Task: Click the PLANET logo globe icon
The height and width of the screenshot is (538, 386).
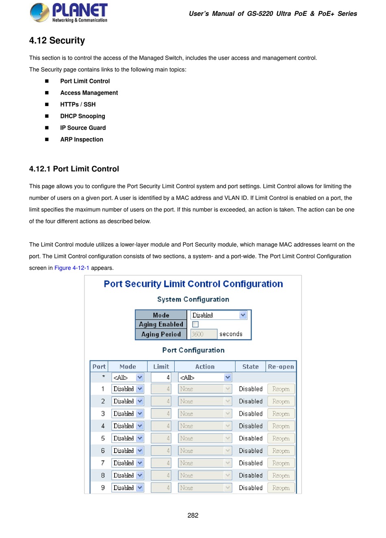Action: (39, 12)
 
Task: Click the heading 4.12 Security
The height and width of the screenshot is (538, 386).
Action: (57, 41)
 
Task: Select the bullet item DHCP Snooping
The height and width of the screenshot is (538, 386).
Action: (82, 116)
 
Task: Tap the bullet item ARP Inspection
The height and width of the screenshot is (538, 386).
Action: (82, 139)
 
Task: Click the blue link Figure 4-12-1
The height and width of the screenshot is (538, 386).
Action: (72, 268)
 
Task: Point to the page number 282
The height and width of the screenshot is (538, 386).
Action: (193, 515)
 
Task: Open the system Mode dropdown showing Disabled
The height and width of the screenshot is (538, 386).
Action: (219, 315)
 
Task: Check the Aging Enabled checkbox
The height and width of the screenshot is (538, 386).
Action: (195, 324)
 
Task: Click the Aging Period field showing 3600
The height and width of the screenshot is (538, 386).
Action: (204, 334)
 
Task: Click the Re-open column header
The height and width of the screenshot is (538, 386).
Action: (281, 367)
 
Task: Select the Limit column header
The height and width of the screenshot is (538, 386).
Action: (161, 367)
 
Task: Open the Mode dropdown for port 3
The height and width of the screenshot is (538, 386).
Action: (128, 414)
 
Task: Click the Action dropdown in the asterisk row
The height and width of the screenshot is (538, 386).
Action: (205, 377)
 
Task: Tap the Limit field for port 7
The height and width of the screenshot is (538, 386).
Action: (161, 463)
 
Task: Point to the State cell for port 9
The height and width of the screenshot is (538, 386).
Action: (251, 488)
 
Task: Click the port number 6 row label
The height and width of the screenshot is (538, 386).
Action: (103, 451)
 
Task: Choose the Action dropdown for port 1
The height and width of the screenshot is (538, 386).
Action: (205, 389)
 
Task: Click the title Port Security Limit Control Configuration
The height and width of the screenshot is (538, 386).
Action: (193, 284)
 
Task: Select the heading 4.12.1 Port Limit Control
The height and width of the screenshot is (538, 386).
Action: (74, 169)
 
